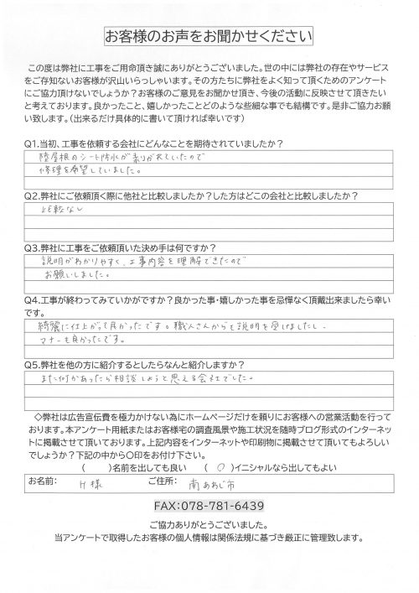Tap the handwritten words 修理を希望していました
click(x=105, y=144)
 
